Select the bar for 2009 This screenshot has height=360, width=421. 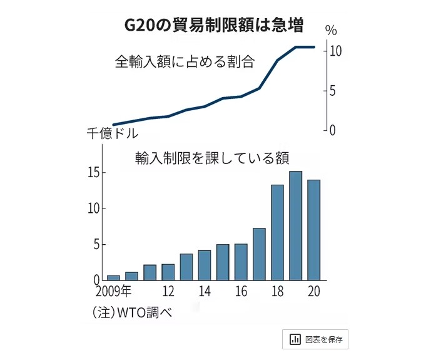(x=113, y=277)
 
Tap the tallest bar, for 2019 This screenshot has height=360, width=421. (x=295, y=225)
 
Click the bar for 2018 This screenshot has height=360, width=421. (x=277, y=232)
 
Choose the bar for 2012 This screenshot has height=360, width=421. (x=168, y=272)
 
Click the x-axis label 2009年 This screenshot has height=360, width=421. (x=114, y=291)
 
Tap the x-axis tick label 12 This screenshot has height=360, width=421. (x=168, y=291)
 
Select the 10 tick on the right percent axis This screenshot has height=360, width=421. (x=335, y=51)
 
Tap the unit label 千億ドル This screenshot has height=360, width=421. (x=112, y=133)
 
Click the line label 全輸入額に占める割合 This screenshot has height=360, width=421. (x=185, y=61)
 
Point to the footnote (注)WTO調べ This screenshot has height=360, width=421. (x=131, y=312)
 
